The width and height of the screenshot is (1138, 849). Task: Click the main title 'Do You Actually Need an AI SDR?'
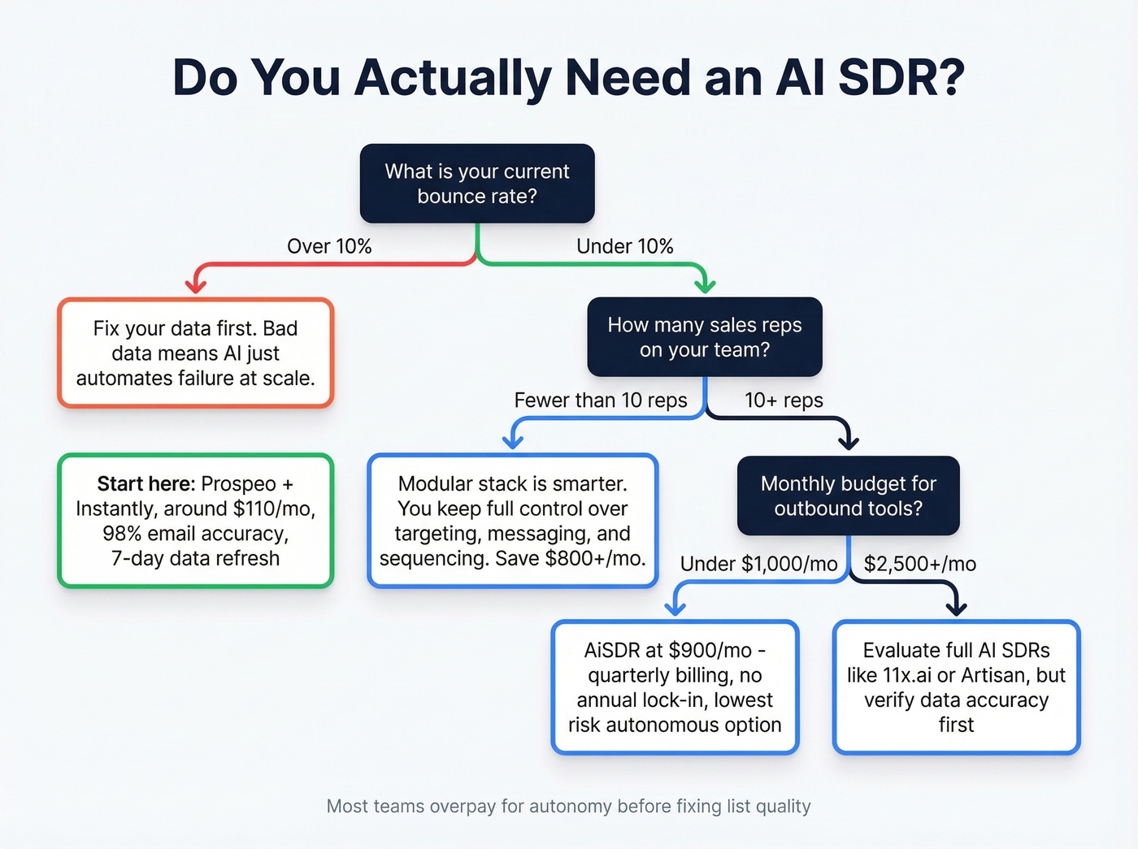(x=568, y=78)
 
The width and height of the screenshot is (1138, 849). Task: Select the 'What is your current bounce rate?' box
(x=477, y=184)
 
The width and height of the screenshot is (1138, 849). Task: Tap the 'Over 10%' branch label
(x=329, y=246)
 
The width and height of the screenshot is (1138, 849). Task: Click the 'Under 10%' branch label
(x=624, y=246)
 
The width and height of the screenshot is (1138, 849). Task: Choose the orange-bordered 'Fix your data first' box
(x=195, y=353)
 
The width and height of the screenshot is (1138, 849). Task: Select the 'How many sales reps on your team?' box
(x=705, y=337)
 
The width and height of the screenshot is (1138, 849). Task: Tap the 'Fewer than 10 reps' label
(x=600, y=401)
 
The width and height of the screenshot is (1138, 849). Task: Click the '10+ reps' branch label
(x=784, y=401)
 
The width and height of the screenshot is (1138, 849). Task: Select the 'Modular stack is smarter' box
(x=512, y=521)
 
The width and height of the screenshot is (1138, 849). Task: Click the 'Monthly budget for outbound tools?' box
(x=848, y=496)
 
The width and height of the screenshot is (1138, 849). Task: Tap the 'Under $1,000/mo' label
(x=758, y=564)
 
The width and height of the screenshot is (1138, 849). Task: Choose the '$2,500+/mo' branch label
(x=919, y=564)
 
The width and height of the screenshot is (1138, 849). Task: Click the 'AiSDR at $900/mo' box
(x=675, y=687)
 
